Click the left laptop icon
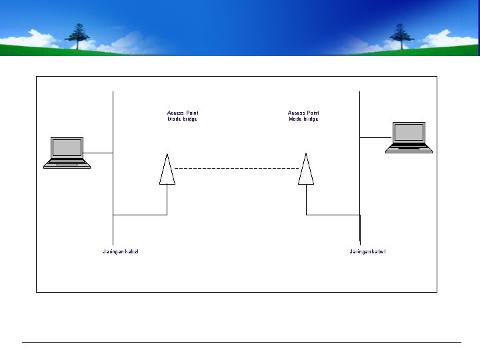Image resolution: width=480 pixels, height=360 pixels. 67,153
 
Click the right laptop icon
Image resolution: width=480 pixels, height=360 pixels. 409,137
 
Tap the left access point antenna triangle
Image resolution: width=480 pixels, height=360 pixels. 167,170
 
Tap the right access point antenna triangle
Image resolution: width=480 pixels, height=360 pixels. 306,170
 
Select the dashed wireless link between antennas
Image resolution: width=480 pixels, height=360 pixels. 237,169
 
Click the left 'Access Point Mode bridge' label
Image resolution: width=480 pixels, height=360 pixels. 183,116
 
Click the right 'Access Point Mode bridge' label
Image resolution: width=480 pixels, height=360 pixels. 303,116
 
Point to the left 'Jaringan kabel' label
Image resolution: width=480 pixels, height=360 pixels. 121,251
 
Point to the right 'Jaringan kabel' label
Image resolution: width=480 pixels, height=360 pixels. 367,251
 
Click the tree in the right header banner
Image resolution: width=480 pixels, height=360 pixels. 401,36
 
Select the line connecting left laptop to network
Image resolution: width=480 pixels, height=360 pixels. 100,153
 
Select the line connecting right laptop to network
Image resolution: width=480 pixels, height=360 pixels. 373,137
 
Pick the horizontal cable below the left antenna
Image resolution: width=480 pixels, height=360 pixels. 140,215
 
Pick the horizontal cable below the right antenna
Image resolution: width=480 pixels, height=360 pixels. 333,215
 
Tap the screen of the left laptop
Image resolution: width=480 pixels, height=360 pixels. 67,147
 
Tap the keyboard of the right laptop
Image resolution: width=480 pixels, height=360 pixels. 409,149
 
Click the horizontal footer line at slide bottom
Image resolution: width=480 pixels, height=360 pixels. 240,342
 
